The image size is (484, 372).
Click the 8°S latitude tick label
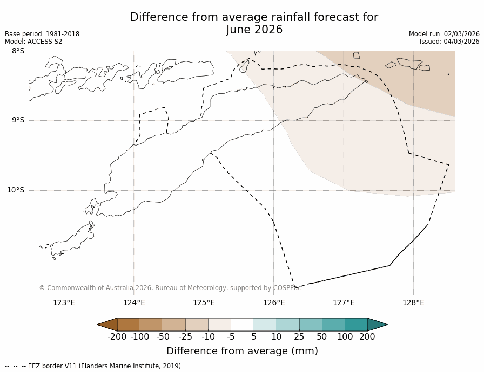18,51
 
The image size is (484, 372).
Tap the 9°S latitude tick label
18,120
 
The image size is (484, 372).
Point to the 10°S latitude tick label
16,190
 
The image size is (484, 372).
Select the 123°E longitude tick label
64,302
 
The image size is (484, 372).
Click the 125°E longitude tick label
204,302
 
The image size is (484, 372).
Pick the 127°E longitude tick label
344,302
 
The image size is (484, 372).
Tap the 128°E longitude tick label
413,302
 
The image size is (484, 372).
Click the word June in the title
239,30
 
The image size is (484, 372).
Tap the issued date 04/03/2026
462,42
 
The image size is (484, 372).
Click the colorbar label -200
117,337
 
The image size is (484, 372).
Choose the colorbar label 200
367,337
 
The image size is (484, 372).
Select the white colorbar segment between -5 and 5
242,325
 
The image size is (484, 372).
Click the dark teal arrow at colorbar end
377,325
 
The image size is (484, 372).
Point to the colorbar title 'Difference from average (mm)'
242,351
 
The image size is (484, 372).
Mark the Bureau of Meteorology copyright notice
170,288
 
